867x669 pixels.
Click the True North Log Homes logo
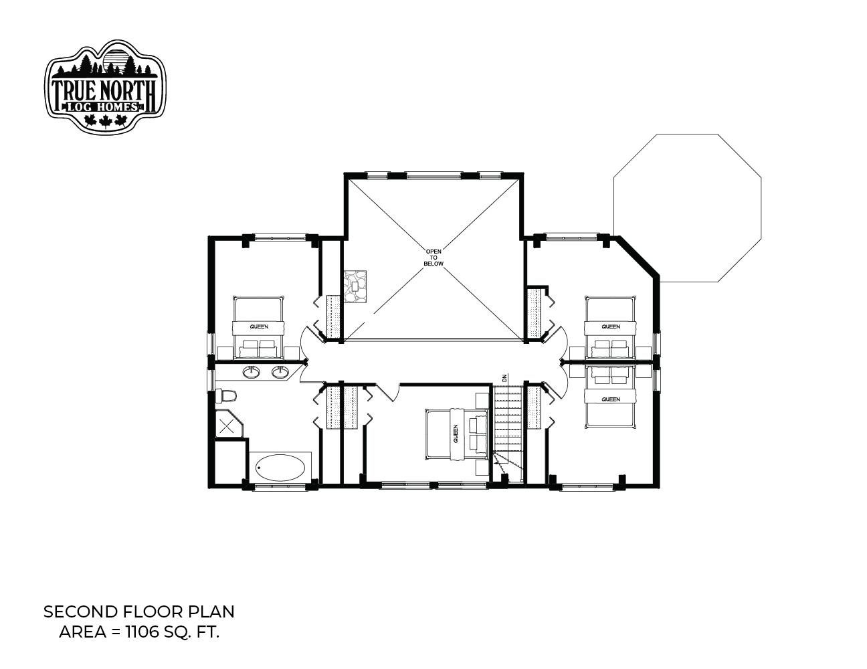105,86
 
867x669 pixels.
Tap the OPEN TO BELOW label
433,258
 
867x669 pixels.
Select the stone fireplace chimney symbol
355,287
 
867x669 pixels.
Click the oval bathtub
280,467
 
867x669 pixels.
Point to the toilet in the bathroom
226,396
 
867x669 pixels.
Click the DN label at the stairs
504,377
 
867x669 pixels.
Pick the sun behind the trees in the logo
116,59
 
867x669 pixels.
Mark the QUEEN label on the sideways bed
456,434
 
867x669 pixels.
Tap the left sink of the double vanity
252,372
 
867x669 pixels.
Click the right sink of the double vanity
280,372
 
